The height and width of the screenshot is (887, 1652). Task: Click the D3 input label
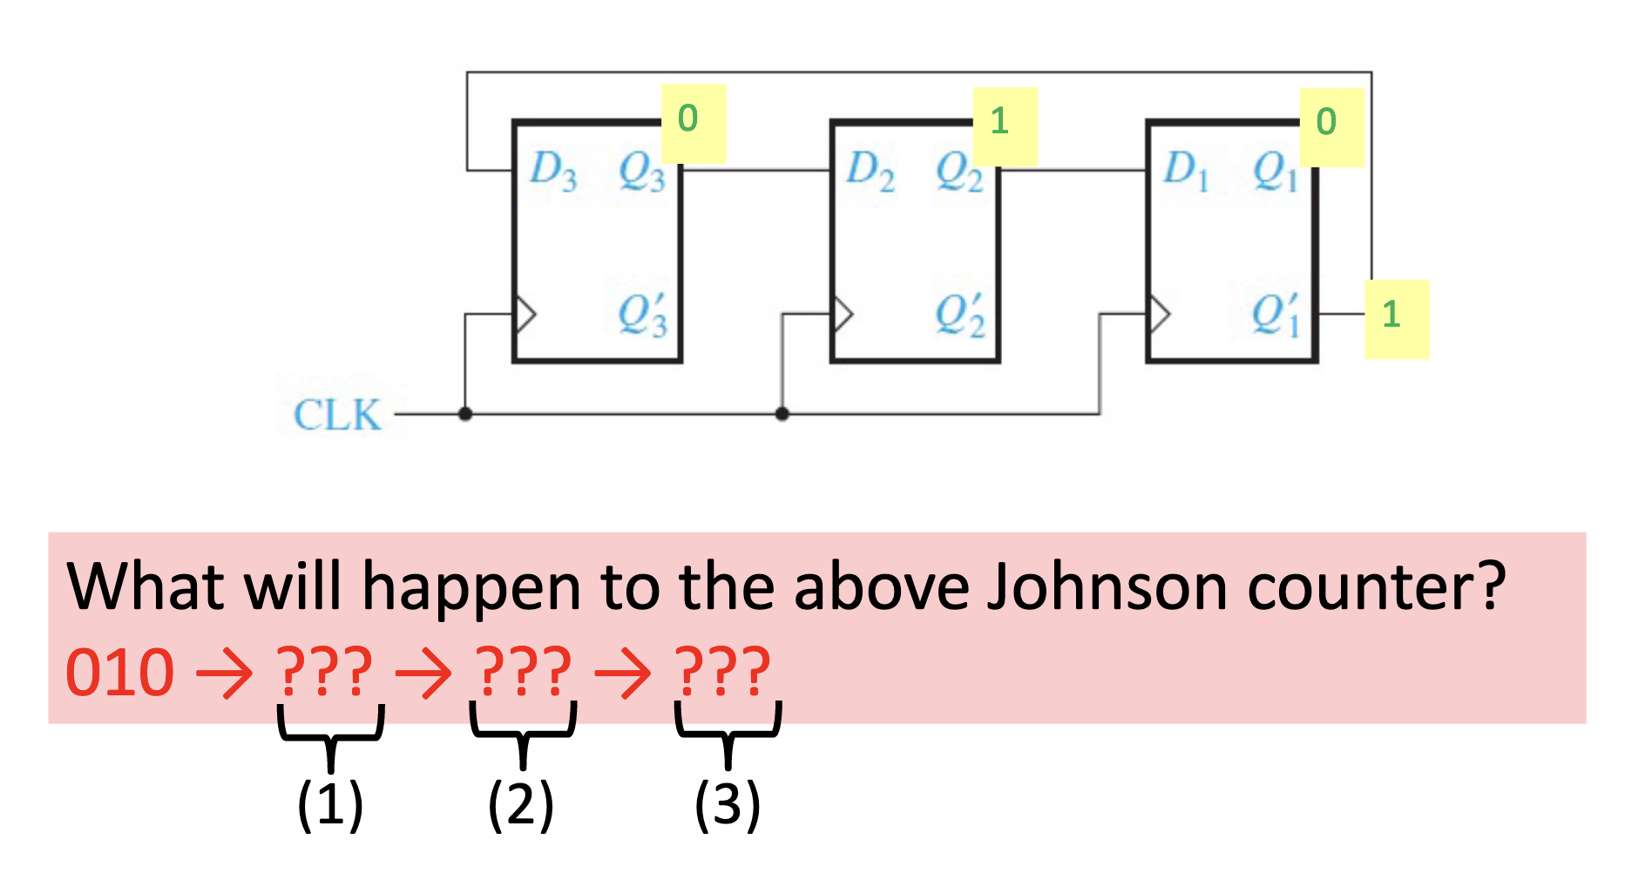coord(552,170)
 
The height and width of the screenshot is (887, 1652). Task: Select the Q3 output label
coord(641,172)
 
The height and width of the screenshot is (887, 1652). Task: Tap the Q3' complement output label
coord(642,315)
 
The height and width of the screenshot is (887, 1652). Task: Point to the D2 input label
coord(870,170)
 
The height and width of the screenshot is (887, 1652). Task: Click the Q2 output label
coord(958,172)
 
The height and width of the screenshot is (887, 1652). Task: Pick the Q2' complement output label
coord(959,315)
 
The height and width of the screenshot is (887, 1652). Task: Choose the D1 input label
coord(1186,170)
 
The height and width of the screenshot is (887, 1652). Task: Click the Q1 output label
coord(1275,172)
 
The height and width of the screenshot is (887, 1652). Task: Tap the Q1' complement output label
coord(1276,315)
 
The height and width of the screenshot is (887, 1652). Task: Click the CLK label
coord(337,415)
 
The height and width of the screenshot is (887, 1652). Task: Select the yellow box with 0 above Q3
coord(693,123)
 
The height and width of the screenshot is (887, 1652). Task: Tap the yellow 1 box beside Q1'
coord(1396,319)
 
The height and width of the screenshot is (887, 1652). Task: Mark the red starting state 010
coord(119,674)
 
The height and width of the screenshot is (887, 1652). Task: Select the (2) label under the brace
coord(520,804)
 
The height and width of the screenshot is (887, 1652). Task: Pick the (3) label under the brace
coord(728,804)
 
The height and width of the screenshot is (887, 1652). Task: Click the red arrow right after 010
coord(224,674)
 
